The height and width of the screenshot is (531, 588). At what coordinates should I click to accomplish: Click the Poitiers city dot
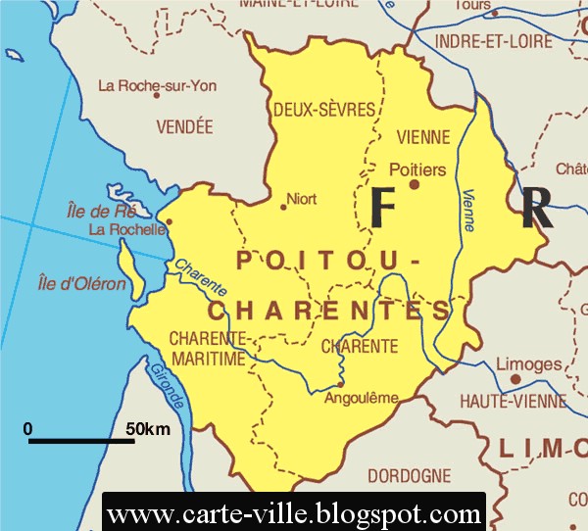click(x=414, y=184)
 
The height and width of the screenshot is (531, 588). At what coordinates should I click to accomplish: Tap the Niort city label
click(x=302, y=199)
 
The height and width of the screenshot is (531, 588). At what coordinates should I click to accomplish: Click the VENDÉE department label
click(x=184, y=126)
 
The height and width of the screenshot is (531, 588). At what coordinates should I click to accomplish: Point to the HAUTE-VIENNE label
click(x=514, y=401)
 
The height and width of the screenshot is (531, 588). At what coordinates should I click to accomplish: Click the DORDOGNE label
click(x=410, y=476)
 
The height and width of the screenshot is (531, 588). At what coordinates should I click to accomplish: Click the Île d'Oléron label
click(x=82, y=284)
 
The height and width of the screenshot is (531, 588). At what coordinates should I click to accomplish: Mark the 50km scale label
click(x=148, y=429)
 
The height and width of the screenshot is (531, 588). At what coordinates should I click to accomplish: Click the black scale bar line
click(x=81, y=441)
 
